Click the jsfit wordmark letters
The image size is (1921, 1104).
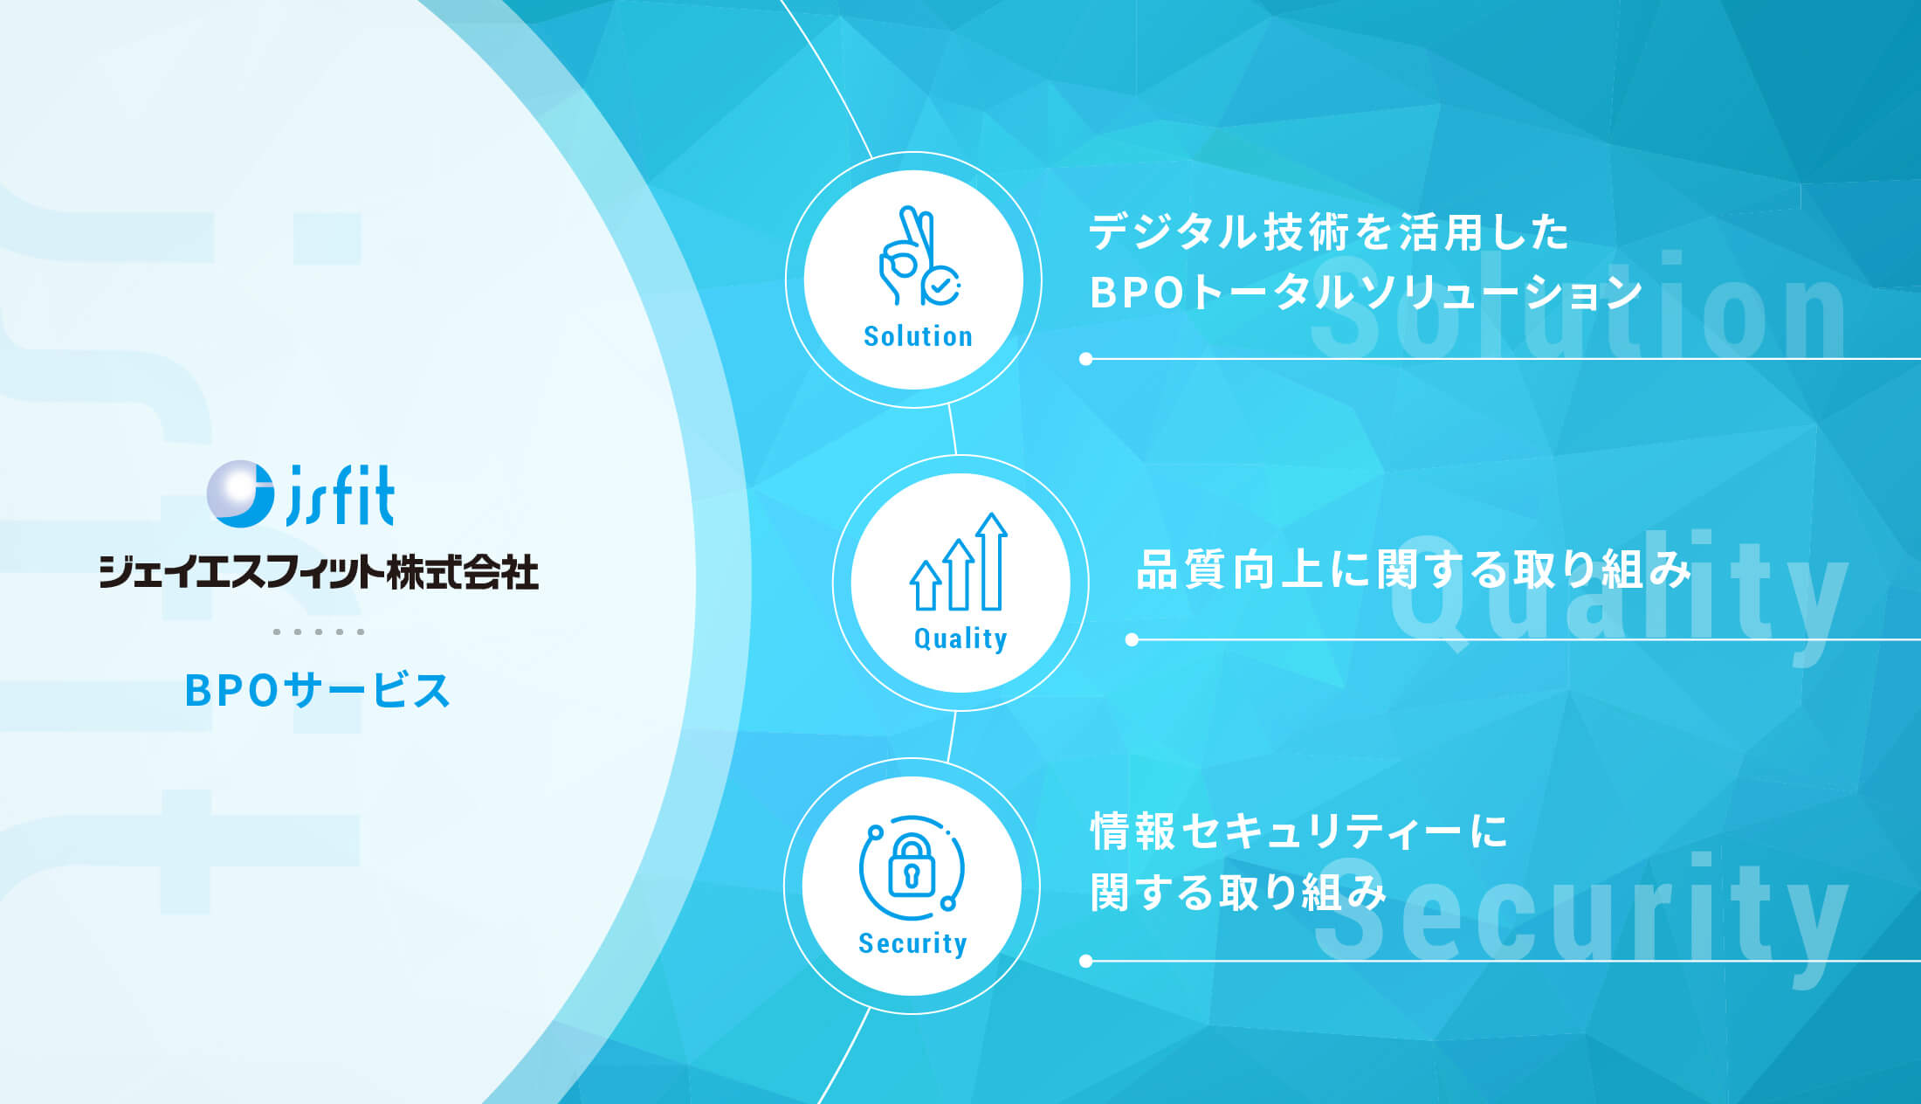(341, 495)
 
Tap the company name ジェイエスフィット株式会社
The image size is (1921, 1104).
(319, 572)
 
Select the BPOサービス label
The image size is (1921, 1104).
(317, 690)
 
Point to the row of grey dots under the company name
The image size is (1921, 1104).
(319, 631)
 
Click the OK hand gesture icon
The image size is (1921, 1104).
(919, 256)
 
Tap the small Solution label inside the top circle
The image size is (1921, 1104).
(918, 336)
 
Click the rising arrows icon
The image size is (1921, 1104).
(959, 562)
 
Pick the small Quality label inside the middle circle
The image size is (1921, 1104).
(960, 638)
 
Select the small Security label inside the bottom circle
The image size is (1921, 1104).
(912, 943)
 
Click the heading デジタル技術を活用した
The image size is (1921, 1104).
(1328, 232)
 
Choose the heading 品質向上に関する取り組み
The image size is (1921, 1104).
(1414, 569)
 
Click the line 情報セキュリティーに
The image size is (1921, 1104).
(1299, 831)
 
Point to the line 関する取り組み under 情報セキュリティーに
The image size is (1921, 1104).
(1238, 892)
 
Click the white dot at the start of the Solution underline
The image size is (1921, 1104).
(1086, 359)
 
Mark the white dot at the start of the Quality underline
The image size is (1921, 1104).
(1133, 639)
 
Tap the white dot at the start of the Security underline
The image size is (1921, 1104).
(1086, 961)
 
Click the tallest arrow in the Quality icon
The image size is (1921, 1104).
(992, 562)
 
